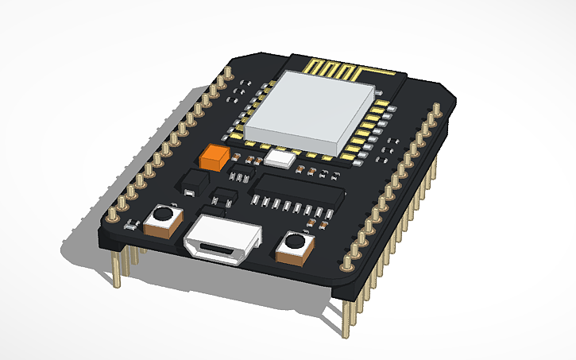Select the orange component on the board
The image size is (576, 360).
(215, 156)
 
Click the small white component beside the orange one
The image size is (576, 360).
(280, 158)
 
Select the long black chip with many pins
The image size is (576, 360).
(298, 191)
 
